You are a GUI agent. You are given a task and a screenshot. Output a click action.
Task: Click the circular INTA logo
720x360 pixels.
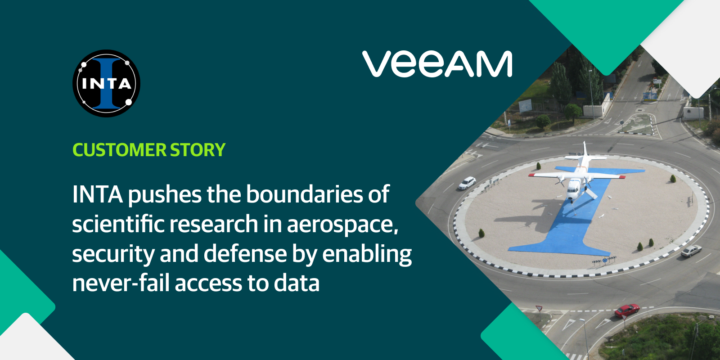pos(106,83)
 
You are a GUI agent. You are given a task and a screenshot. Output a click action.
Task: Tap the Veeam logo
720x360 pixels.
pos(437,64)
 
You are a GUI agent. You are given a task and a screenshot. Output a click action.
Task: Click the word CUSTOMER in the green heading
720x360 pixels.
pos(119,150)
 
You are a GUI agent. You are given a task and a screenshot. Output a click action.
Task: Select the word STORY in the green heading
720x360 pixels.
pos(198,150)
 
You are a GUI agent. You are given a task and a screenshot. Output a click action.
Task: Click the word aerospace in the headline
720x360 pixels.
pos(342,224)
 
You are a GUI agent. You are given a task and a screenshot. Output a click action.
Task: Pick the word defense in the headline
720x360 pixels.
pos(245,254)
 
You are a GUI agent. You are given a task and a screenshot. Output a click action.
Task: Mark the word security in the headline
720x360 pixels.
pos(113,255)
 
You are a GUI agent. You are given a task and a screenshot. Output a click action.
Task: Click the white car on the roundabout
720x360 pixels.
pos(467,183)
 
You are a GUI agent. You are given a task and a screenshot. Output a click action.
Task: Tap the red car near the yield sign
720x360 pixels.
pos(627,310)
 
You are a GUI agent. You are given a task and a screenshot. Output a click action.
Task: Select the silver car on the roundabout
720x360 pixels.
pos(691,251)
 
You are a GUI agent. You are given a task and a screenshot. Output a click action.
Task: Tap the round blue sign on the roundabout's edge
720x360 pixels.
pos(605,260)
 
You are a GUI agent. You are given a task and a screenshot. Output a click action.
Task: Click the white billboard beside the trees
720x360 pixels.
pos(525,106)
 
